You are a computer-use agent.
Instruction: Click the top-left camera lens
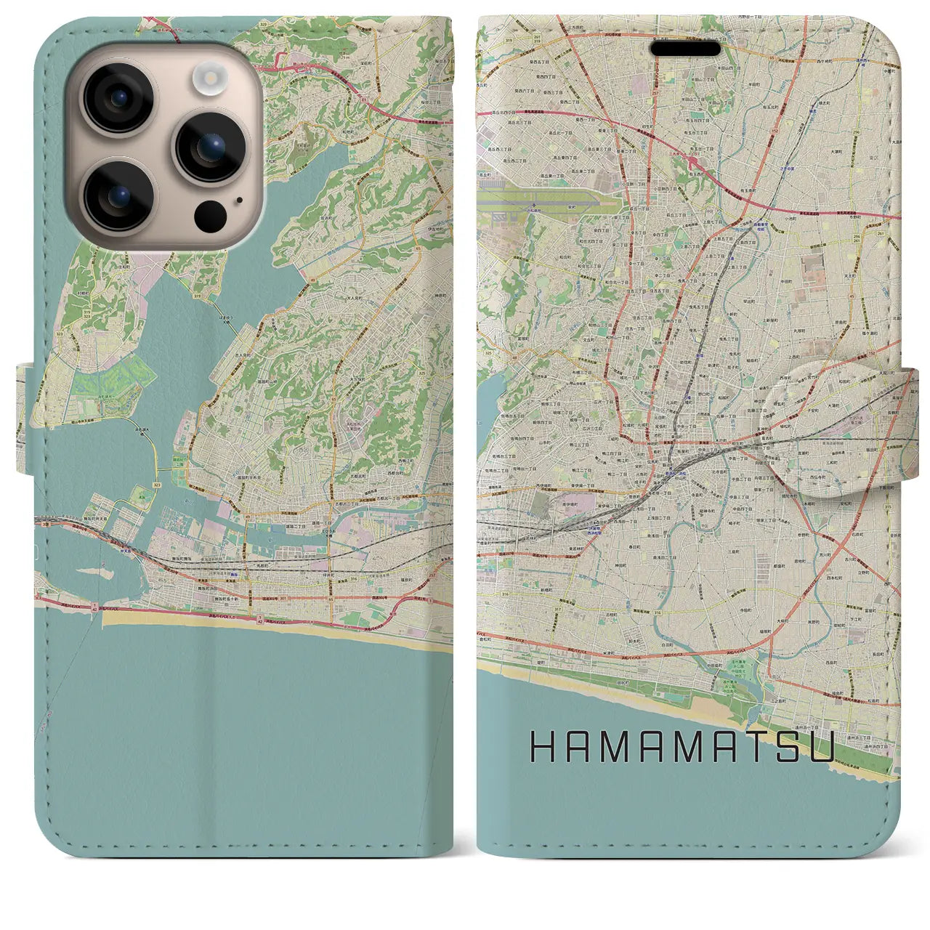[x=118, y=98]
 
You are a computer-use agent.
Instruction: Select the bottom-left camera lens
[x=118, y=195]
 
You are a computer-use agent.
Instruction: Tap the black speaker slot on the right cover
[x=685, y=49]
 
